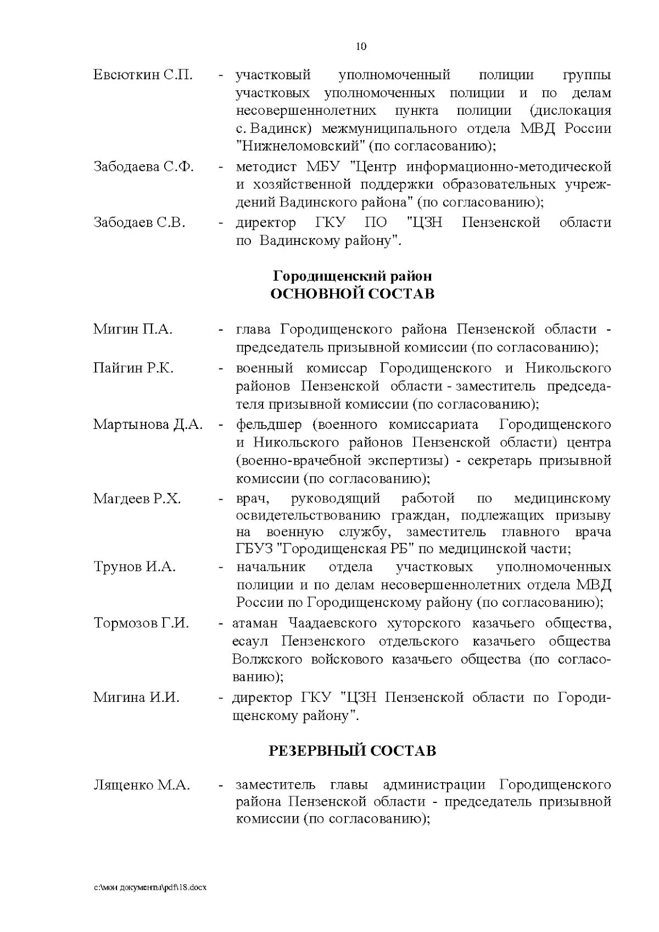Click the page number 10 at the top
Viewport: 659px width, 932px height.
click(361, 47)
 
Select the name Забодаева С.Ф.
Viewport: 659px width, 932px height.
click(143, 167)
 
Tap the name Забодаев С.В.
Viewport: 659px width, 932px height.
click(139, 223)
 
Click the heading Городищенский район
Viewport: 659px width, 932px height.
click(353, 276)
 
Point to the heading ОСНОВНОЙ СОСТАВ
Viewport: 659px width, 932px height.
click(353, 294)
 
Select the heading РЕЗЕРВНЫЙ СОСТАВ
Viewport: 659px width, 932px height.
click(353, 751)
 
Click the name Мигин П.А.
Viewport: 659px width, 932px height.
click(133, 330)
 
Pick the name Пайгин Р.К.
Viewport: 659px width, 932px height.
click(133, 368)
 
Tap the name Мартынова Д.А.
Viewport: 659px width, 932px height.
click(148, 425)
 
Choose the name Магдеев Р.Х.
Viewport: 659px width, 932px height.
click(137, 499)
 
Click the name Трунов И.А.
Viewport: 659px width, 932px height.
click(135, 567)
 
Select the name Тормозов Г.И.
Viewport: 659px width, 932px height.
click(141, 623)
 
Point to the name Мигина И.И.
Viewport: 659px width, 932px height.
click(136, 697)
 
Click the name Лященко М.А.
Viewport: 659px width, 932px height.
click(142, 785)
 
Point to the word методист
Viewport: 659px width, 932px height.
click(266, 167)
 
